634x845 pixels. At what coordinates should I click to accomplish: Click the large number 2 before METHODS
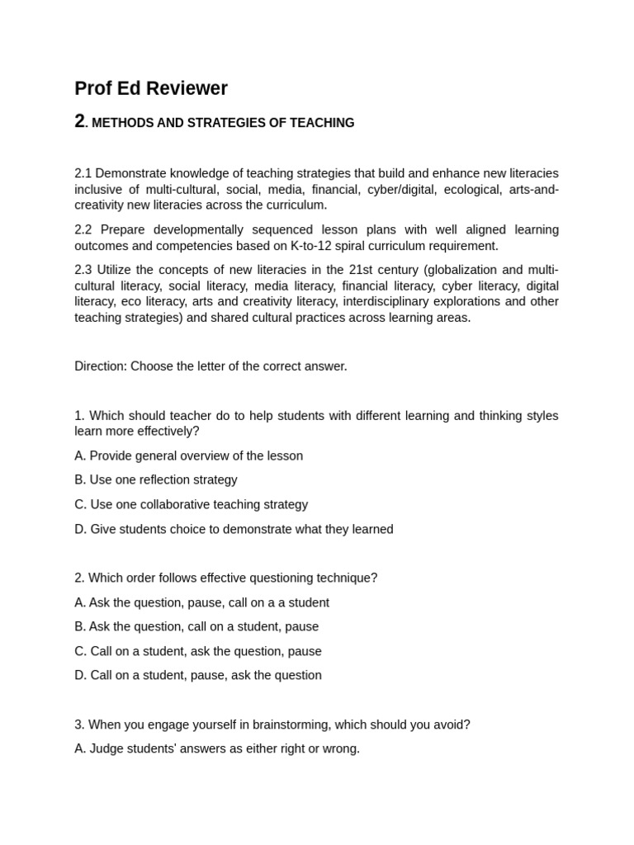tap(79, 121)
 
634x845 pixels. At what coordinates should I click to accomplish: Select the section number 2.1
tap(83, 173)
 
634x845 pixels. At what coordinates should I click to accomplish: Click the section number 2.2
tap(83, 229)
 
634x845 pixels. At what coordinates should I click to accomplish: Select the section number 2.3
tap(83, 270)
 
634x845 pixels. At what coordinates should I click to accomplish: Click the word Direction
tap(99, 366)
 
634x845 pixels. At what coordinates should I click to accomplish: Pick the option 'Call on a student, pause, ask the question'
tap(198, 675)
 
